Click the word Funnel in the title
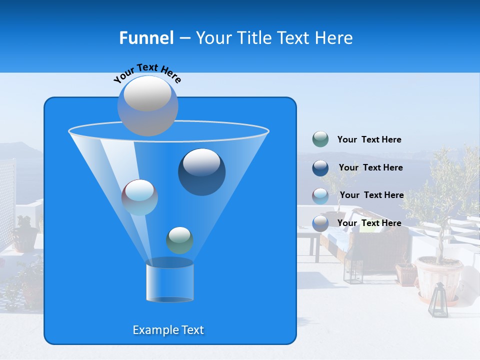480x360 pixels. tap(146, 38)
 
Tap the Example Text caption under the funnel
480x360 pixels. tap(168, 330)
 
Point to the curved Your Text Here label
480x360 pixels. tap(147, 72)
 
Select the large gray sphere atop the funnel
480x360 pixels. tap(147, 105)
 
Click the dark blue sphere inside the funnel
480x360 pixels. tap(201, 171)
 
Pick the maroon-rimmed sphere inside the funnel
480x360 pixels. tap(139, 197)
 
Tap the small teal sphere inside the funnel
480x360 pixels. tap(179, 240)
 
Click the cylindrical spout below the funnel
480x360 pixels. tap(169, 281)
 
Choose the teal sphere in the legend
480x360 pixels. tap(320, 139)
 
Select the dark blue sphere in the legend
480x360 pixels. tap(320, 167)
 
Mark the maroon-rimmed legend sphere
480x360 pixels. tap(320, 195)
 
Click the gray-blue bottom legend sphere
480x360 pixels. tap(320, 223)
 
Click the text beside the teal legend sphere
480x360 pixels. tap(369, 139)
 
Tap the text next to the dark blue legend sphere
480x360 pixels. tap(370, 167)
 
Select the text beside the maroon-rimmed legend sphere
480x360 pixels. tap(371, 195)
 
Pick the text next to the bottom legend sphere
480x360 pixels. tap(369, 223)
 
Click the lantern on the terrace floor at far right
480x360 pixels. tap(438, 300)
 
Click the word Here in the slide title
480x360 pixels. tap(334, 38)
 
